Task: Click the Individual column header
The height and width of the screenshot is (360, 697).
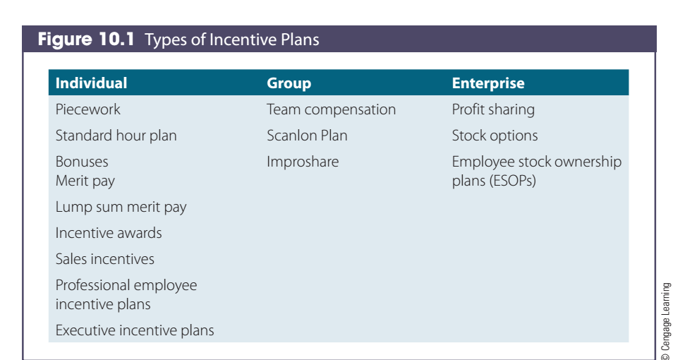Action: click(91, 83)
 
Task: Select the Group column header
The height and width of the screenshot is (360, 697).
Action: click(289, 84)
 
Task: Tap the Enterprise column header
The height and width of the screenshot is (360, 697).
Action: click(488, 83)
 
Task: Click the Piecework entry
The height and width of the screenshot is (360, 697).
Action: click(88, 109)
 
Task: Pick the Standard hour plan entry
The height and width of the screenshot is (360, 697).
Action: click(116, 136)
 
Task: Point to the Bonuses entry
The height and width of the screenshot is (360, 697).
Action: click(82, 162)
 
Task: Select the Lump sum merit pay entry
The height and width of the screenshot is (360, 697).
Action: click(121, 208)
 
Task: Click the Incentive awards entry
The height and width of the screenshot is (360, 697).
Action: click(109, 233)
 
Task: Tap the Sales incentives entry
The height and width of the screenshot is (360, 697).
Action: click(105, 259)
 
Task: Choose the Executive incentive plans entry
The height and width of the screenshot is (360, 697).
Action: click(135, 330)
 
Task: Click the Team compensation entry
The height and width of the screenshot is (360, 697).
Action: click(331, 110)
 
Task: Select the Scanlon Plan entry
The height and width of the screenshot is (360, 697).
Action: click(307, 136)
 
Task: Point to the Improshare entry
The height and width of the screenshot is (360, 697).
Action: click(303, 162)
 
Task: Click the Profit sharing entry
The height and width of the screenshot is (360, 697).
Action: click(493, 110)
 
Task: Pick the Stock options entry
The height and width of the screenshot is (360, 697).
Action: click(495, 136)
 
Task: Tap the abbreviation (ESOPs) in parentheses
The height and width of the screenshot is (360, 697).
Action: click(513, 181)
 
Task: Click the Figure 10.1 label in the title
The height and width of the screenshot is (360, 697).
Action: click(86, 39)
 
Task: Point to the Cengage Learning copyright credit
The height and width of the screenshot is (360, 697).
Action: click(665, 321)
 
